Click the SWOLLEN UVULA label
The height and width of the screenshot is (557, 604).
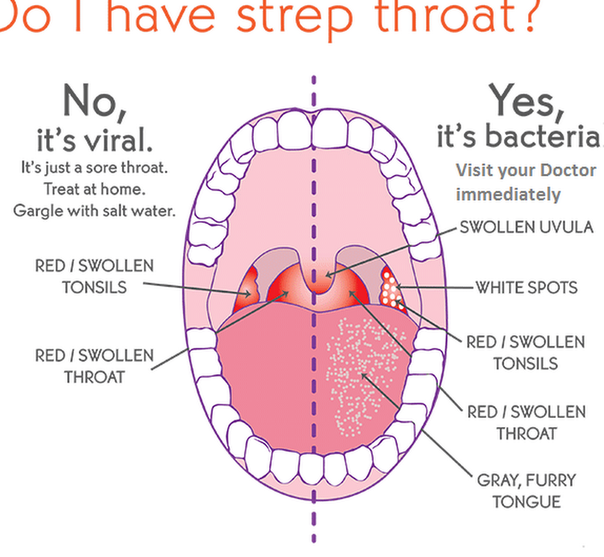tap(527, 227)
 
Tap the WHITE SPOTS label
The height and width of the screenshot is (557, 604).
tap(527, 288)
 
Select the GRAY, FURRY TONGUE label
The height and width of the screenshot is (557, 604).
tap(527, 491)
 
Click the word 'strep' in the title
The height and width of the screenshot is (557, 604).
tap(295, 17)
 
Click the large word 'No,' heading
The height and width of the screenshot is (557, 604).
tap(95, 102)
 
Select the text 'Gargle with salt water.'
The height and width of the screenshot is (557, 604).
tap(95, 211)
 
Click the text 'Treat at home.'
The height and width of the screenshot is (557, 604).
tap(95, 189)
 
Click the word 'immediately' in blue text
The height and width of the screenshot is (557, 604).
tap(508, 195)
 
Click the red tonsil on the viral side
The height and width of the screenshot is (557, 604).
tap(247, 288)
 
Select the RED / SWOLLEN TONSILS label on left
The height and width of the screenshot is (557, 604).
tap(95, 277)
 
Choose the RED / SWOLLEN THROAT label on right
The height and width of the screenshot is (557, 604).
tap(527, 423)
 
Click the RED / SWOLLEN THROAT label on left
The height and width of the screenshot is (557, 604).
tap(95, 366)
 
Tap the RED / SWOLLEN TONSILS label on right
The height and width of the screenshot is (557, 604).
tap(526, 353)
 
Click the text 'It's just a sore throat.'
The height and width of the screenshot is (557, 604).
tap(95, 167)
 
